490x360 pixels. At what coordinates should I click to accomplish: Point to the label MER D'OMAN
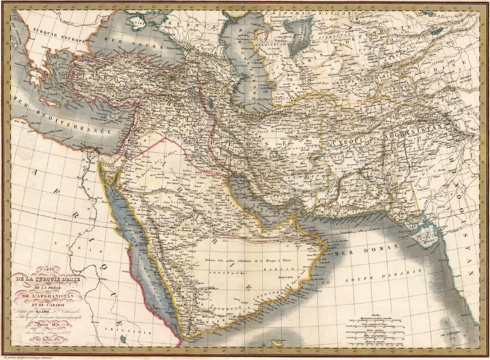point(357,251)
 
